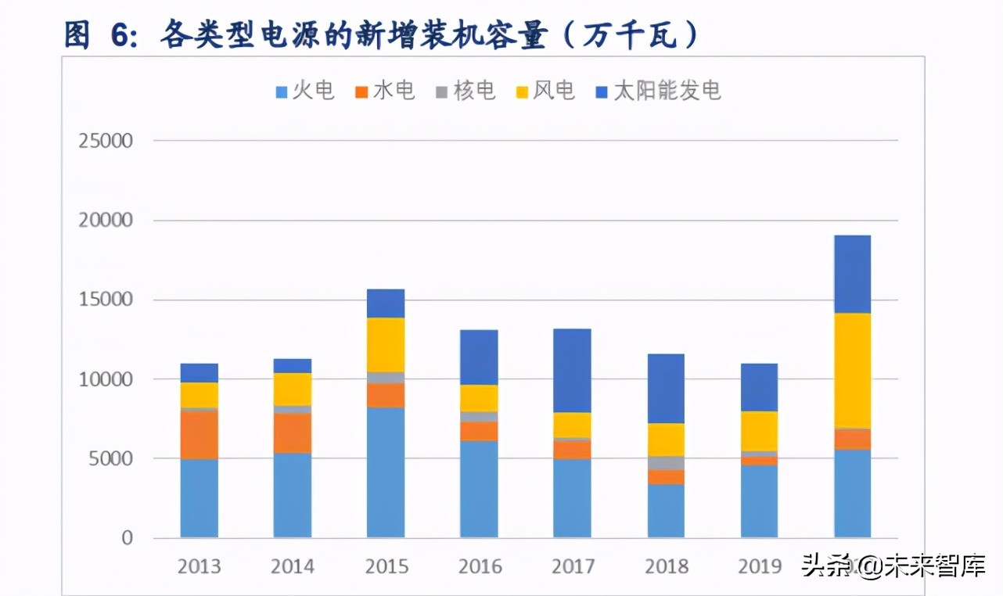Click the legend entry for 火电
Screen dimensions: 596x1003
point(305,92)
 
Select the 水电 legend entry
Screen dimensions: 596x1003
point(385,92)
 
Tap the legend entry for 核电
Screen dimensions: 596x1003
point(466,92)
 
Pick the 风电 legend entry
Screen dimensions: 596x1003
point(545,92)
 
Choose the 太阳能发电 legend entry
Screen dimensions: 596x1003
point(657,92)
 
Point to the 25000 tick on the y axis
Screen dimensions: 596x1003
point(106,142)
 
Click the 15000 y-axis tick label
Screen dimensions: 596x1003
point(106,300)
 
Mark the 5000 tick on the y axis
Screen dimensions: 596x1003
point(111,459)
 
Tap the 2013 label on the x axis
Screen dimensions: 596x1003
point(200,566)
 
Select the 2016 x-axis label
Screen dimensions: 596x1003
point(479,566)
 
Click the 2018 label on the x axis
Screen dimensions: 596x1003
point(666,566)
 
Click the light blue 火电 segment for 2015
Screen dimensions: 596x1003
point(386,472)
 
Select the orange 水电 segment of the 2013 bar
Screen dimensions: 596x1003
point(200,435)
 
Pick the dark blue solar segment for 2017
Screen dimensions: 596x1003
point(572,371)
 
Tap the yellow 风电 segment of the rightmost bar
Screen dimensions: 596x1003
point(852,371)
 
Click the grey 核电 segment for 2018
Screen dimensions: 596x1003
point(666,463)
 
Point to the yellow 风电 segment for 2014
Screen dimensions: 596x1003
point(293,390)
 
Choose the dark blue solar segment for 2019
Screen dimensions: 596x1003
point(759,388)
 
